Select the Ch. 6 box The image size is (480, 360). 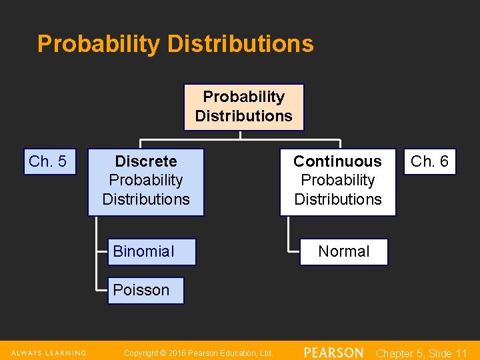(x=429, y=161)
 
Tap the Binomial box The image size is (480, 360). (x=152, y=251)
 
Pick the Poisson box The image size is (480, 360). (x=145, y=290)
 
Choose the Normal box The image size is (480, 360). (x=343, y=251)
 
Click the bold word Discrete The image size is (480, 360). (x=146, y=161)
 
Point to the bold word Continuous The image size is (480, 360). (x=337, y=161)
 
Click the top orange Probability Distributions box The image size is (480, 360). (x=243, y=107)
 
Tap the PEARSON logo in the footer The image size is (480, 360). (x=333, y=353)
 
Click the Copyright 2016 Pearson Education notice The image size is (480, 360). (x=199, y=353)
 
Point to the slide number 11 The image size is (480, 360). (x=461, y=353)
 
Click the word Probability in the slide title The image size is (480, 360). (x=99, y=44)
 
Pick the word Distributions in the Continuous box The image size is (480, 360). (x=337, y=199)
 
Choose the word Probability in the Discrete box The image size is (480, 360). (x=146, y=180)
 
